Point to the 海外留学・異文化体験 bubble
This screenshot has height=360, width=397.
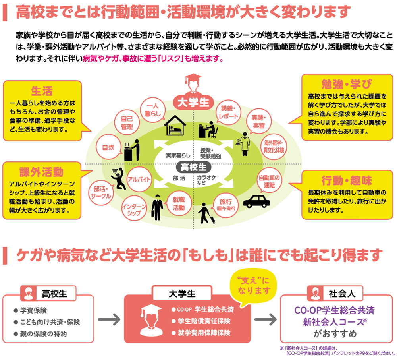274,147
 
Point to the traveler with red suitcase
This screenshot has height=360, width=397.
206,213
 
